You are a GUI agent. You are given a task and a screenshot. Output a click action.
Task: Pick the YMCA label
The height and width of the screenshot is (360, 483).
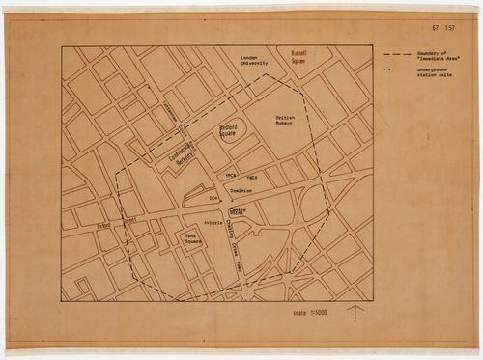tap(230, 177)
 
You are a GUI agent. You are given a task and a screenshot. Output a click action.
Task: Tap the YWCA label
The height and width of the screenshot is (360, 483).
tap(252, 180)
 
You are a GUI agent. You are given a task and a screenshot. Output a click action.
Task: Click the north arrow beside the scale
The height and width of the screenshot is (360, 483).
tap(355, 313)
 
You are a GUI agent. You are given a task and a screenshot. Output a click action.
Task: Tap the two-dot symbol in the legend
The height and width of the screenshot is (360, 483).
tap(388, 72)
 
